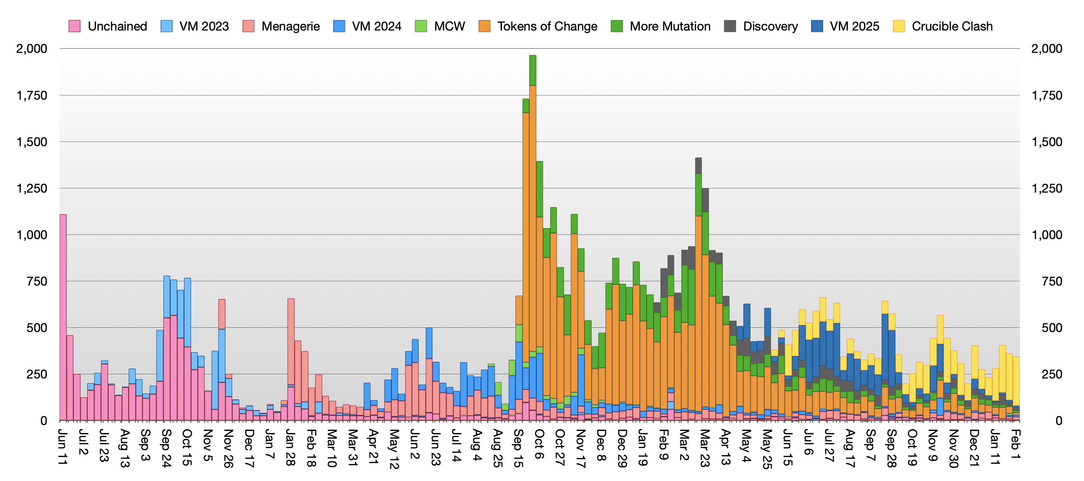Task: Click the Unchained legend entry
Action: coord(108,26)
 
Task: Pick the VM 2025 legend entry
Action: coord(845,26)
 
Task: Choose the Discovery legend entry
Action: coord(761,26)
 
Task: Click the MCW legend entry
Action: coord(440,26)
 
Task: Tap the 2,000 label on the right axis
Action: coord(1046,49)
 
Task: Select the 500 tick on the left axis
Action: coord(37,328)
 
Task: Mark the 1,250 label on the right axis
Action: coord(1046,188)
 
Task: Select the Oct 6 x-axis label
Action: coord(539,444)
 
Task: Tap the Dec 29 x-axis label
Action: coord(622,448)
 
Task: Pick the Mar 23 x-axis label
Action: coord(705,448)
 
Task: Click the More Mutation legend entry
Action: coord(661,26)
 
